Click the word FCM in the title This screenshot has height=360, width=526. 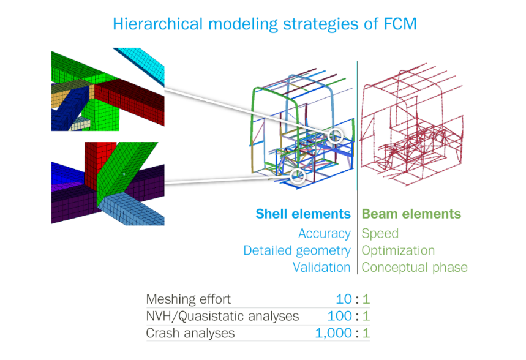[x=400, y=24]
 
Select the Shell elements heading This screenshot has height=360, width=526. [x=303, y=214]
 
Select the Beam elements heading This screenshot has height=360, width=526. [x=411, y=214]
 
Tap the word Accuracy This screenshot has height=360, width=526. [x=325, y=233]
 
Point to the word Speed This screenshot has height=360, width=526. [x=380, y=233]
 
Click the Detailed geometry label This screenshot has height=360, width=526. [x=297, y=250]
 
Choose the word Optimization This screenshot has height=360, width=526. [x=398, y=250]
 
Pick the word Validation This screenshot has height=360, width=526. [x=321, y=268]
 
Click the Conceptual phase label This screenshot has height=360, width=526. [x=415, y=268]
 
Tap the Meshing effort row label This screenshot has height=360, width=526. [x=189, y=299]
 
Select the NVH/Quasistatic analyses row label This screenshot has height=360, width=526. [x=222, y=316]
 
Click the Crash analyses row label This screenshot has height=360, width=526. [x=190, y=333]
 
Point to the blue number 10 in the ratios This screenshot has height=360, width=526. [x=344, y=299]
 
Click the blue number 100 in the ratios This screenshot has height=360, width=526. [x=339, y=316]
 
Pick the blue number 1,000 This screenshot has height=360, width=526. [x=334, y=333]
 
